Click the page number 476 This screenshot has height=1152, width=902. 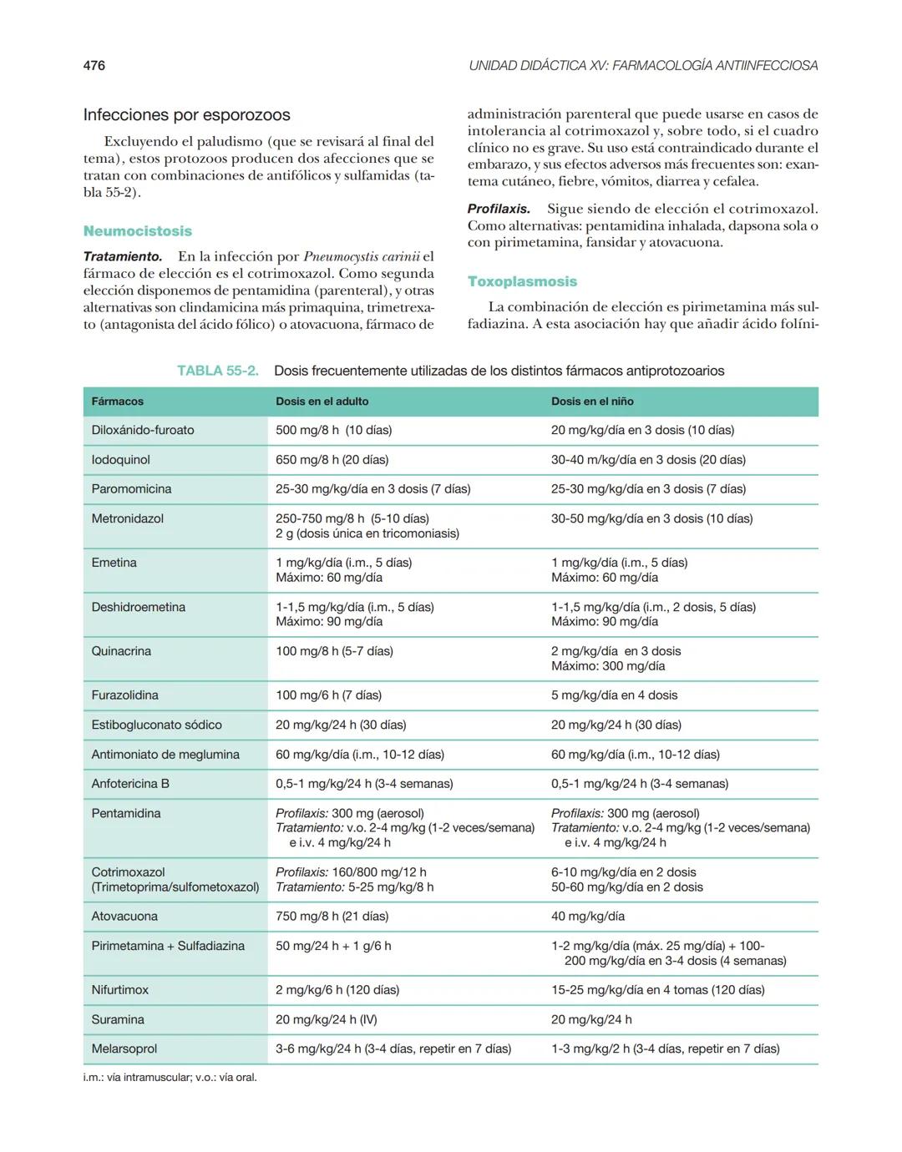(94, 65)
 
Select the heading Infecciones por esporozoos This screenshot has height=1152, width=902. (186, 115)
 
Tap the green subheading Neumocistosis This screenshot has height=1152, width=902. (138, 231)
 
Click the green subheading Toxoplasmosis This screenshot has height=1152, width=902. (522, 281)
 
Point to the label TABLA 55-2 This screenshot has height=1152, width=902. (217, 371)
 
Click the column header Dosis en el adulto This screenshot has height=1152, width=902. (322, 402)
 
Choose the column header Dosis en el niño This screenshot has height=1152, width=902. (592, 402)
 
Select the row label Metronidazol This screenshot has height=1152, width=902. (128, 518)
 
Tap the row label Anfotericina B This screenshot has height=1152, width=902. (130, 784)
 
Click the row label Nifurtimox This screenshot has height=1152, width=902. (120, 990)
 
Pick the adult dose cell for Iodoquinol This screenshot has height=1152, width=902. (332, 460)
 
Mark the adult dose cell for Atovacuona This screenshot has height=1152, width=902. (332, 917)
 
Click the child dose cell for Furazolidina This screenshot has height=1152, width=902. (614, 695)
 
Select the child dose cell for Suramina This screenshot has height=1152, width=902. (591, 1019)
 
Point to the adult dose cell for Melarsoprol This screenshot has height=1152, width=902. (393, 1048)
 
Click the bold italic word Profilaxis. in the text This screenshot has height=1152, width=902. (499, 209)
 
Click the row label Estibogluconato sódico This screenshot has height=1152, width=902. (156, 725)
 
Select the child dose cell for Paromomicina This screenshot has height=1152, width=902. (648, 489)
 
